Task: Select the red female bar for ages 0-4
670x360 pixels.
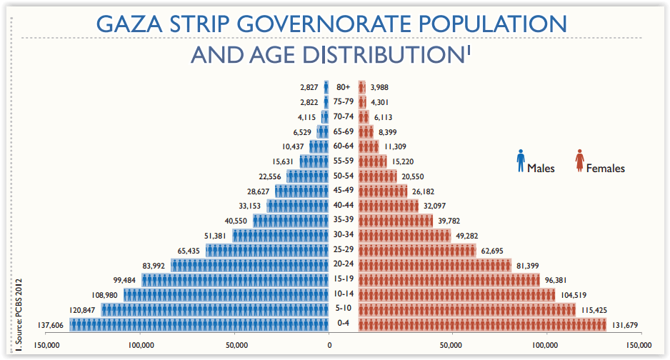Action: coord(482,325)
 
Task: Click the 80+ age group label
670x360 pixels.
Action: coord(343,87)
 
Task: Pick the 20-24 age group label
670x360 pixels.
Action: coord(344,265)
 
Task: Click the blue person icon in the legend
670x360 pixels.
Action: coord(521,161)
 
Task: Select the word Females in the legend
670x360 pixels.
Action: coord(605,169)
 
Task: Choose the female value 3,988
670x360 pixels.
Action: coord(381,87)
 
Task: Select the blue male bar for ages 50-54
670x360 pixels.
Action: coord(307,176)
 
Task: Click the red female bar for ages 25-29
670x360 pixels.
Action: coord(416,251)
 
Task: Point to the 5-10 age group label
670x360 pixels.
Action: coord(344,309)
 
